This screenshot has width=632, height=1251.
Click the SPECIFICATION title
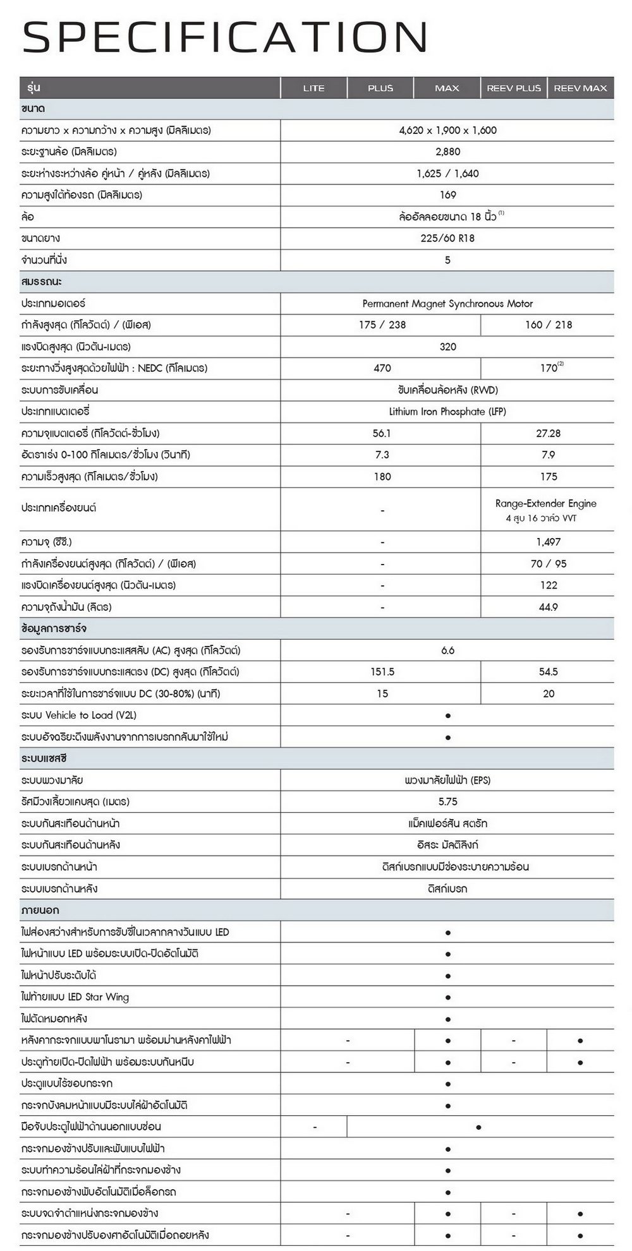[225, 37]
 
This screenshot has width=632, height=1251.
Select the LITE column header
[313, 88]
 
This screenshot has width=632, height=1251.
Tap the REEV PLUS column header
[514, 88]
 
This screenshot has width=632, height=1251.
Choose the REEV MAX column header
[580, 88]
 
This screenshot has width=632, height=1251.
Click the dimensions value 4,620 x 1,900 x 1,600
[447, 130]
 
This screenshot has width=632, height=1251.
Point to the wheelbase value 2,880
[447, 152]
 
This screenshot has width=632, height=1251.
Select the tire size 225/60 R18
[447, 238]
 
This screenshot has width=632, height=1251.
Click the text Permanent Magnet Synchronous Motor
[447, 303]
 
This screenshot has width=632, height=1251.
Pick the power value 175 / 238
[382, 325]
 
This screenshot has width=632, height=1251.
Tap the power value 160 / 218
[548, 325]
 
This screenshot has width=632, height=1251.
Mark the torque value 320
[447, 347]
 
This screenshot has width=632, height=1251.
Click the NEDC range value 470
[382, 368]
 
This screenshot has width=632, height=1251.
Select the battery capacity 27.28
[548, 433]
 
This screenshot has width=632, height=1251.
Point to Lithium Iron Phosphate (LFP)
[447, 412]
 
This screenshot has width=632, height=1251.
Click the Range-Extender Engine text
[545, 503]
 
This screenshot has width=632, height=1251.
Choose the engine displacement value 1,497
[548, 542]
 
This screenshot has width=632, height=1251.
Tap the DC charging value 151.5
[382, 672]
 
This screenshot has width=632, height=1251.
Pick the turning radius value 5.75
[447, 801]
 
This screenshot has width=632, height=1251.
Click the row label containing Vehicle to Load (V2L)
[79, 715]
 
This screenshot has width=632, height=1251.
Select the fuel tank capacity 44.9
[548, 607]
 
